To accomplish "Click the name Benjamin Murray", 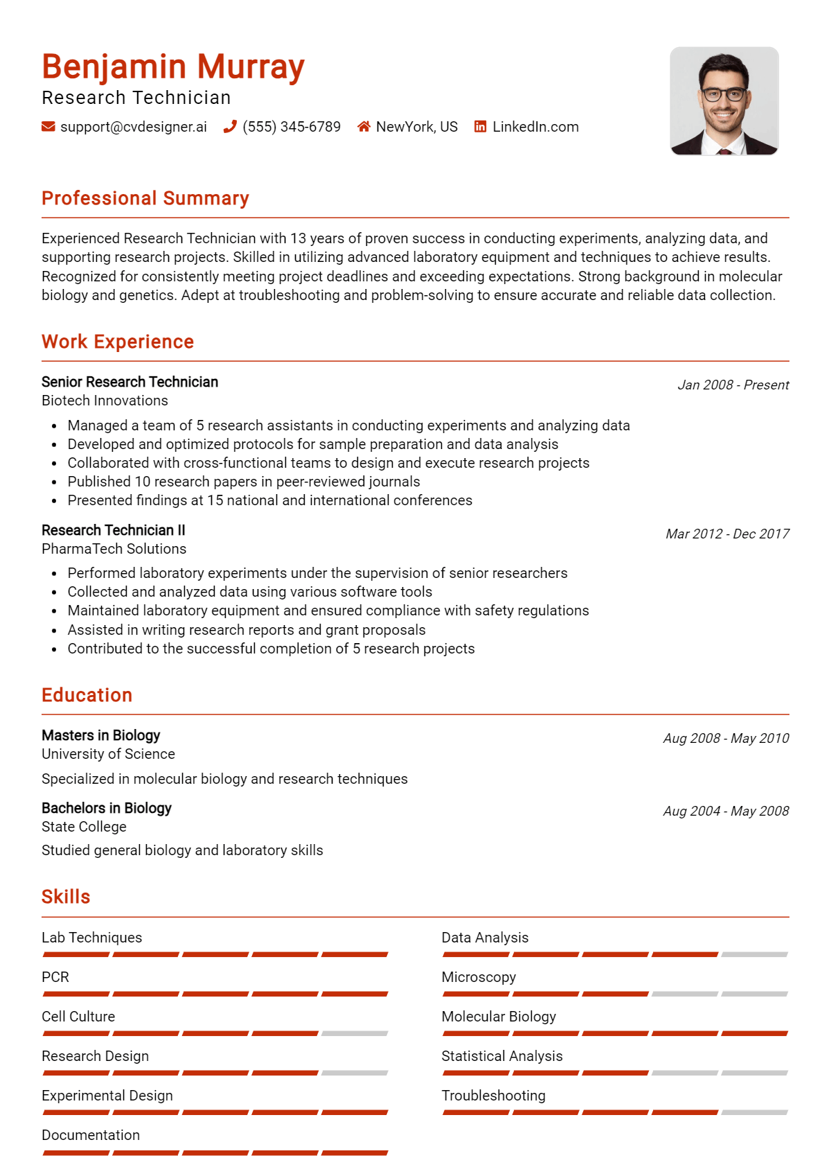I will click(x=173, y=67).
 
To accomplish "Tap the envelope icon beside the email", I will click(x=48, y=127).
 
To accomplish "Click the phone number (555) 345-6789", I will click(x=292, y=127).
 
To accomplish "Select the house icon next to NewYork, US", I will click(x=364, y=127).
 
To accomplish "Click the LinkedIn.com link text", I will click(x=535, y=127).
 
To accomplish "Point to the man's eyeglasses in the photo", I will click(x=724, y=94).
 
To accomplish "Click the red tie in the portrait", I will click(x=724, y=150).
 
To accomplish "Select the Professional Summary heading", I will click(x=145, y=199).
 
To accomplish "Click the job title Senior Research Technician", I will click(x=129, y=382).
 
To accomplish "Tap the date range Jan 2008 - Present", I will click(x=733, y=385).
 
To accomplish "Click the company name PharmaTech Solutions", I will click(x=114, y=549).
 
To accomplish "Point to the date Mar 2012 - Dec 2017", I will click(x=727, y=534).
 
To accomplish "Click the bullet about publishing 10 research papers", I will click(x=244, y=482).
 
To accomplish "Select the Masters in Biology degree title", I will click(x=101, y=735).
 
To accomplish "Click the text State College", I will click(x=84, y=827).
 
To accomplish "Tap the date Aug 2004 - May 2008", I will click(x=726, y=811).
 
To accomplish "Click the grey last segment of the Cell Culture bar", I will click(x=355, y=1033).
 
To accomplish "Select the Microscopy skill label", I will click(x=479, y=977).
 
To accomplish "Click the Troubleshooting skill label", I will click(x=493, y=1096).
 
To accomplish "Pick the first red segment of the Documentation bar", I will click(x=76, y=1152).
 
